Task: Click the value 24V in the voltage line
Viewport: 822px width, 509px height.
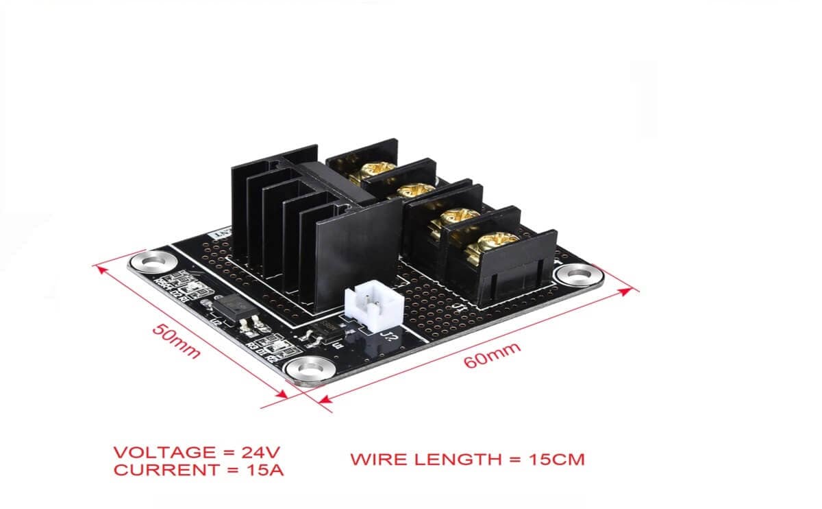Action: point(260,453)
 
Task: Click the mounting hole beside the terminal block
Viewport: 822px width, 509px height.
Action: point(577,275)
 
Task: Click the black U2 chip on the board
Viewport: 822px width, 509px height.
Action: point(227,304)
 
